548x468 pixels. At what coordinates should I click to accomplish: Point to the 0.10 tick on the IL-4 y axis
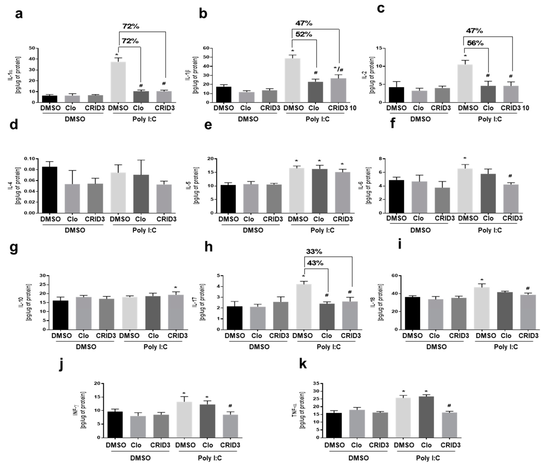tap(29, 159)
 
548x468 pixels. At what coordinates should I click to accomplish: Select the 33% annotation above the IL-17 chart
tap(314, 252)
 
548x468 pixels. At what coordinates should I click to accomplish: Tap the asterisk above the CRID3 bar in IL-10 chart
tap(176, 288)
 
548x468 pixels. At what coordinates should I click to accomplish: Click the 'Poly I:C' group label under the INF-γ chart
tap(210, 458)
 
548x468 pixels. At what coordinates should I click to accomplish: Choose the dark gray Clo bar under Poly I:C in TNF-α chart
tap(426, 417)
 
